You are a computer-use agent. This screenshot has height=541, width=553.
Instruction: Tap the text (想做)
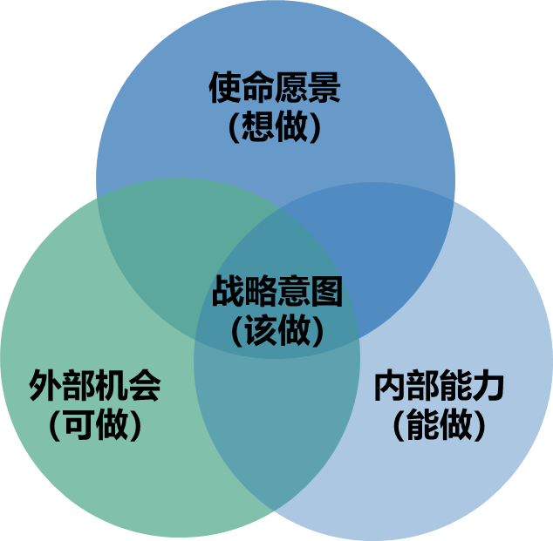275,127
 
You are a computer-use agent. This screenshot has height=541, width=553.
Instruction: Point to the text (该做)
277,330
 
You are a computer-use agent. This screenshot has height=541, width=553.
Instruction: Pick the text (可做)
95,424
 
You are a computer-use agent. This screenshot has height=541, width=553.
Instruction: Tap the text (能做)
439,424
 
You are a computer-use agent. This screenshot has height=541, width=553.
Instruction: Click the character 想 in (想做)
259,127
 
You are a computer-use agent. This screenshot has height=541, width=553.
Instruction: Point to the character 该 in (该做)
262,330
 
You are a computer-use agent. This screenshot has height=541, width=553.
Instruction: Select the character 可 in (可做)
79,424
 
